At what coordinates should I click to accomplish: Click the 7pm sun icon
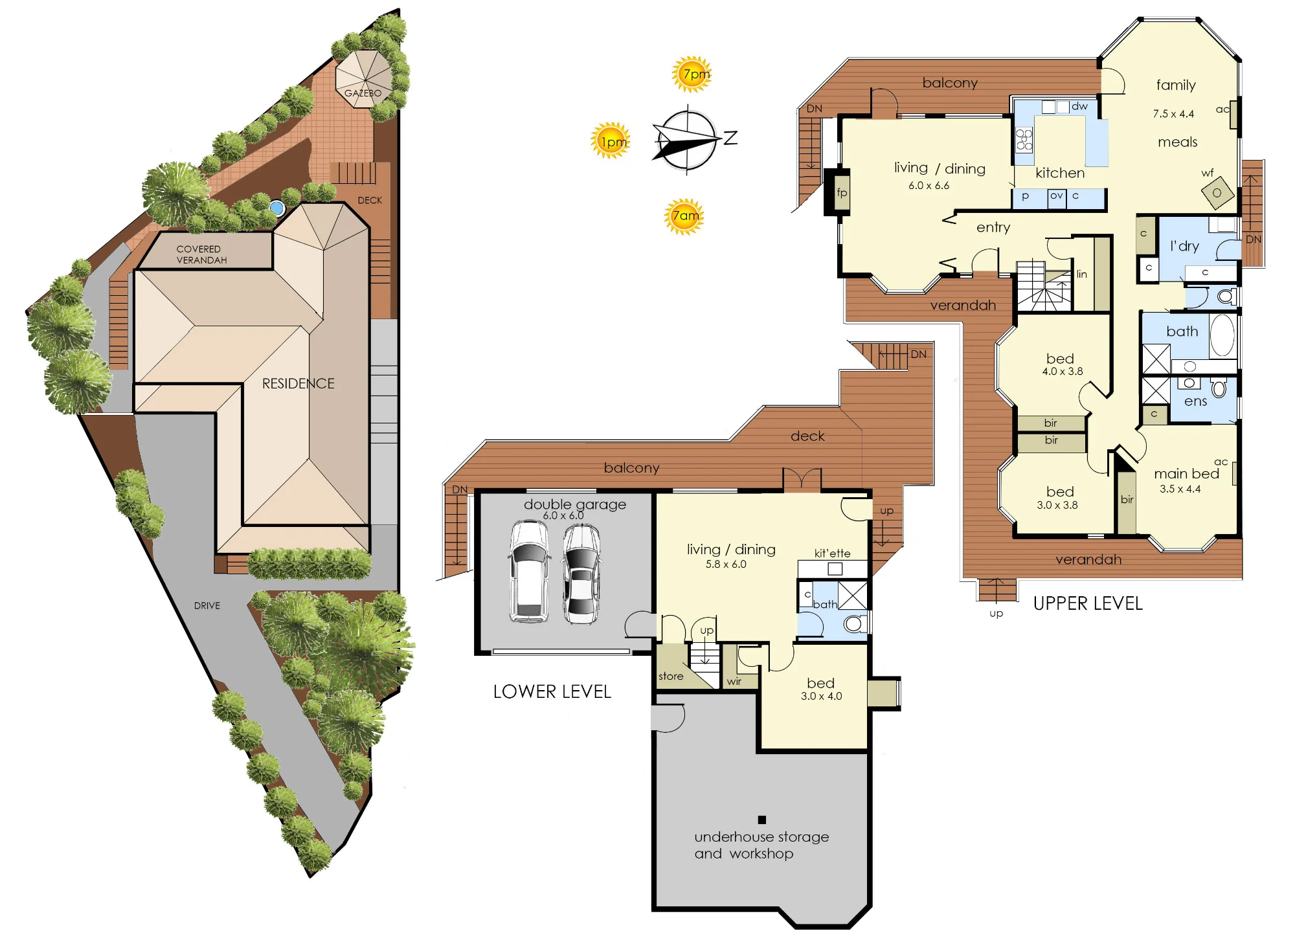692,74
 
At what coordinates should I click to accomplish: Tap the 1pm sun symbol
610,140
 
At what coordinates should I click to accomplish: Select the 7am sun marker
684,216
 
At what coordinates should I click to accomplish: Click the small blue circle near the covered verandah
277,208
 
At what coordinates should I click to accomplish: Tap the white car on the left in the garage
529,572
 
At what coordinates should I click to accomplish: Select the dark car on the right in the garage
581,574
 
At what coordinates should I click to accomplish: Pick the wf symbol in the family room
1217,192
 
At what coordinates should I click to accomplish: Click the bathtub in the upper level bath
1222,335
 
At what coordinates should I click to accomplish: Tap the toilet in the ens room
1219,388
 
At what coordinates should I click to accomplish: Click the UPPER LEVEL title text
1088,603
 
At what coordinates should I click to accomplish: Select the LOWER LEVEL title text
552,691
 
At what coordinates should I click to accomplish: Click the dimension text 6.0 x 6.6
929,185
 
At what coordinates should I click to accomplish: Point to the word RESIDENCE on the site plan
298,383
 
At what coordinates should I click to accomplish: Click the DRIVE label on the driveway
207,605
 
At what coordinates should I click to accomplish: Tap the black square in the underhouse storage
762,820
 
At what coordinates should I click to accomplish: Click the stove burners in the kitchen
1024,139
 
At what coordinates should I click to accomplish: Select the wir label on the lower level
734,681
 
